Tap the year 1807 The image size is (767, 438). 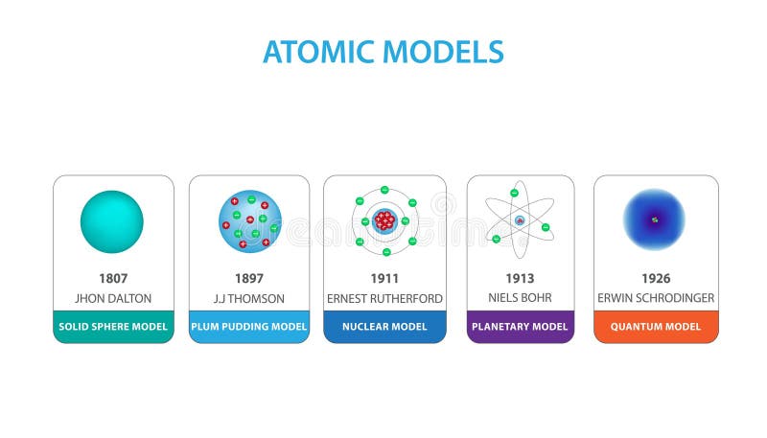113,279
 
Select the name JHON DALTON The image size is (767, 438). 113,298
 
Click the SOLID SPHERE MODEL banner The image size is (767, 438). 113,327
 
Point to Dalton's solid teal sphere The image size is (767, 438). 112,221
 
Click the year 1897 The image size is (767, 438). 249,279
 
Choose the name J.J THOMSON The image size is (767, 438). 249,298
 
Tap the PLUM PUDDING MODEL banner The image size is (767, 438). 249,327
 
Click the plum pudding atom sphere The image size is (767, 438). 250,221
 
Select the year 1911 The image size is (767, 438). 384,279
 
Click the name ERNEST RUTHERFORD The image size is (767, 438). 384,298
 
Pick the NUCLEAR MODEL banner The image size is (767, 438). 384,327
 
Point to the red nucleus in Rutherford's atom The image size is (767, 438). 384,221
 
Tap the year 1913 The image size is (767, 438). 521,279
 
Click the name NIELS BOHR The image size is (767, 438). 521,298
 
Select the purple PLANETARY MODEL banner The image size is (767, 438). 521,327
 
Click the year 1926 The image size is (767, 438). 656,279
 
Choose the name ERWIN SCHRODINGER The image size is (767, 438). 656,298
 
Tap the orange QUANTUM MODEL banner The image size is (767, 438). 656,327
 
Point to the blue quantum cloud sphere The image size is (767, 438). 655,220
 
